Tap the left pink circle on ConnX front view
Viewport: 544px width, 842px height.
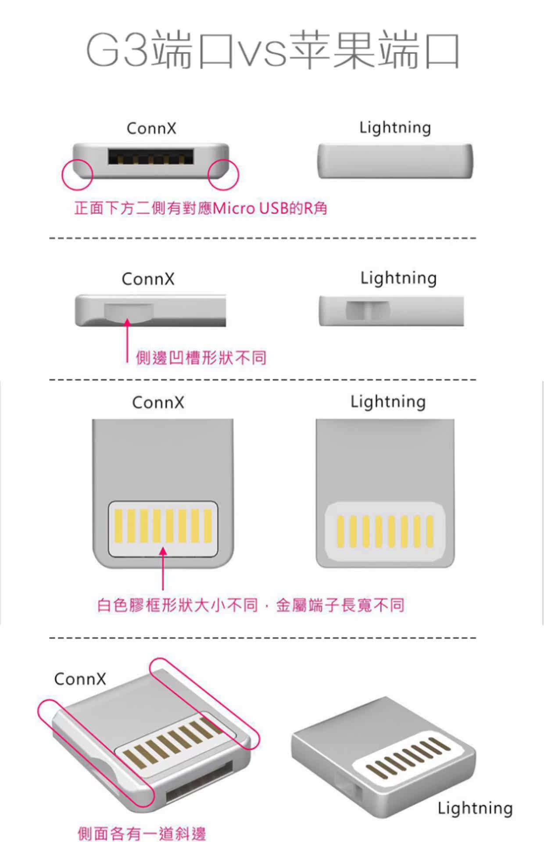coord(77,175)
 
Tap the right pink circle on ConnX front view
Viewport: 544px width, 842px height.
coord(223,175)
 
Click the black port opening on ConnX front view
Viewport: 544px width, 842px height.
coord(150,157)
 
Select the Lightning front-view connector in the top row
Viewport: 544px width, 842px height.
coord(395,161)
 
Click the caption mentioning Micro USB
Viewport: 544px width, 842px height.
coord(201,208)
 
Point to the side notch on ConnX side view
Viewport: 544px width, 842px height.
coord(129,312)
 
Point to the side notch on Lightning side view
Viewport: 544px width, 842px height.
coord(368,310)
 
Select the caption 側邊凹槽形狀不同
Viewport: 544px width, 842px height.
coord(201,358)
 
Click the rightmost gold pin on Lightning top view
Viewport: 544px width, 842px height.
coord(429,532)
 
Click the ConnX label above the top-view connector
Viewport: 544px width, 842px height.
coord(158,402)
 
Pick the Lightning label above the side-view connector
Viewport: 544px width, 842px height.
coord(398,278)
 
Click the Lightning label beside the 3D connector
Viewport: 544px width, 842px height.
coord(475,808)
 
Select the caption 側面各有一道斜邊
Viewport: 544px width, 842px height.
coord(142,833)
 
